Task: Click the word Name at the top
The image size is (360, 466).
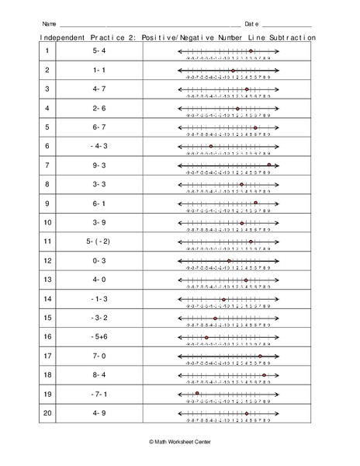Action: click(48, 23)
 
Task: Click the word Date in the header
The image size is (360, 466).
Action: click(251, 23)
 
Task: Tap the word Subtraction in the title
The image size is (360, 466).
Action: click(289, 37)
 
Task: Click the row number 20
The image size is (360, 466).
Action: click(47, 412)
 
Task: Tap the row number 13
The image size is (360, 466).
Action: click(47, 280)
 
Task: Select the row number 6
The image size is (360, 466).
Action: click(47, 146)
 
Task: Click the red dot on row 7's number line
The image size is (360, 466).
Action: click(269, 165)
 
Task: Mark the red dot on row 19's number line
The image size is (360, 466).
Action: click(198, 393)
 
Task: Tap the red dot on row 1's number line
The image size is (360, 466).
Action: click(251, 51)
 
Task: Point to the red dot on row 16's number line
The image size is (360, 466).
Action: click(206, 336)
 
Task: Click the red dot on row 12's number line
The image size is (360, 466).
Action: click(229, 260)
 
